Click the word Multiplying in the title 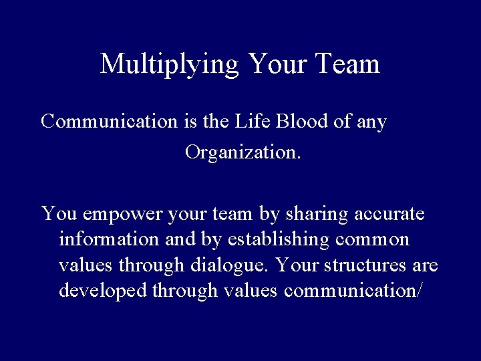(x=170, y=65)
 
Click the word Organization (x=243, y=153)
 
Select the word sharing (x=311, y=215)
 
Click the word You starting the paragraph (x=56, y=215)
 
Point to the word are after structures (x=425, y=265)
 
